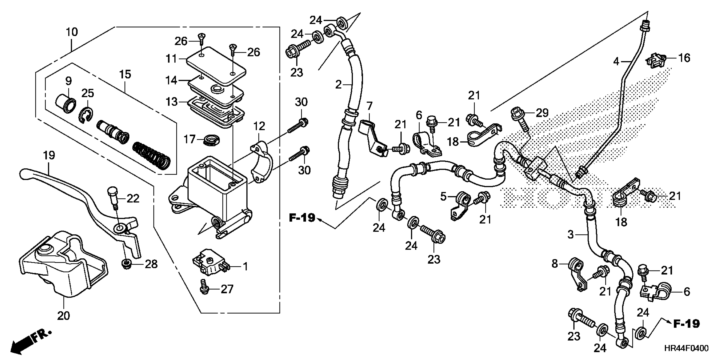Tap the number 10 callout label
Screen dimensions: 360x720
coord(72,32)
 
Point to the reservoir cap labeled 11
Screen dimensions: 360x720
coord(215,66)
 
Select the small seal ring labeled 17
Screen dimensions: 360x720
coord(211,139)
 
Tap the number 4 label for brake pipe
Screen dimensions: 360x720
coord(616,61)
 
